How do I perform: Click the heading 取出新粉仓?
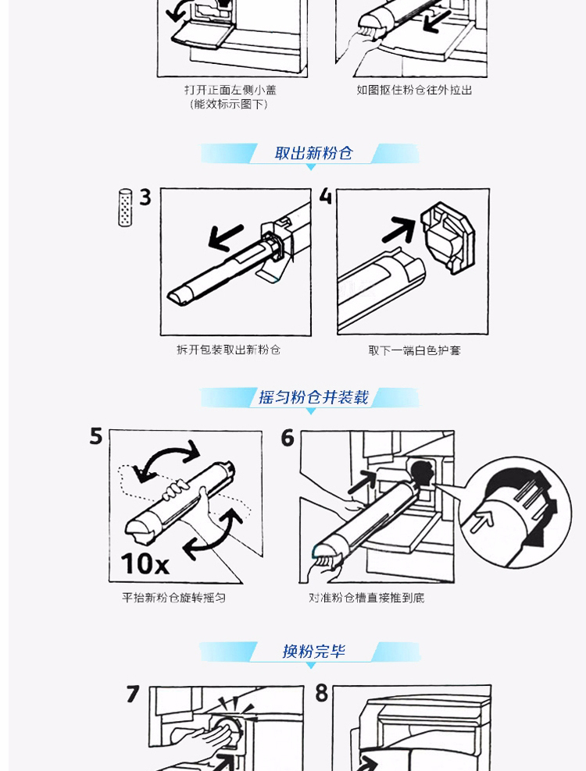[x=313, y=153]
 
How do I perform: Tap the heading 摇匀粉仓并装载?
[x=313, y=396]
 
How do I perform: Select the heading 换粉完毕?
[x=313, y=651]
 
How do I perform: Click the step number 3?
[x=145, y=197]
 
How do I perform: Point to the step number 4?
[x=326, y=196]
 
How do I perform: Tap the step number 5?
[x=96, y=436]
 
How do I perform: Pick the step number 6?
[x=288, y=438]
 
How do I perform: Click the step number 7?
[x=133, y=694]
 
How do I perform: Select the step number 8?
[x=322, y=693]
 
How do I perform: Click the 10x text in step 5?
[x=145, y=563]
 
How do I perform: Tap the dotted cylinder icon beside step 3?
[x=125, y=208]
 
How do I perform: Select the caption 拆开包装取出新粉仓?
[x=228, y=350]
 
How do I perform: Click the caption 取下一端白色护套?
[x=414, y=350]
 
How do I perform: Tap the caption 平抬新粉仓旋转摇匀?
[x=173, y=598]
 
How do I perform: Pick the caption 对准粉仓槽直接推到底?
[x=366, y=598]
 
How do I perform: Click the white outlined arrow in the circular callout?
[x=482, y=521]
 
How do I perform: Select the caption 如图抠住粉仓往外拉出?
[x=414, y=90]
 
